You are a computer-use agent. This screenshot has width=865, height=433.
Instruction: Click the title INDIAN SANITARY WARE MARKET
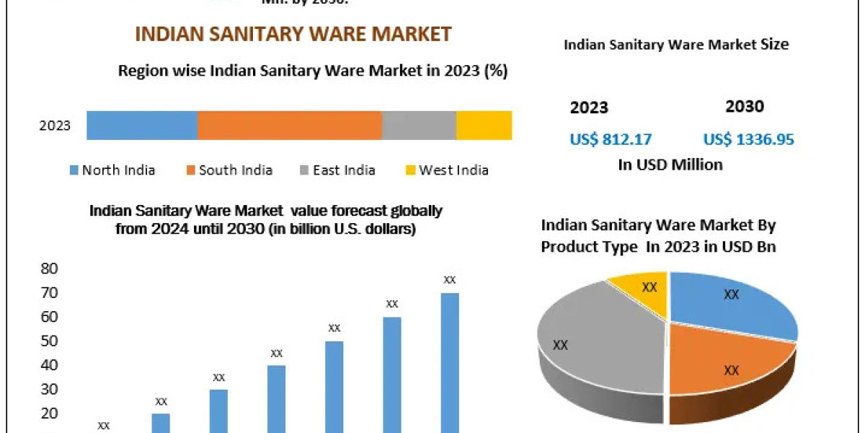click(x=293, y=34)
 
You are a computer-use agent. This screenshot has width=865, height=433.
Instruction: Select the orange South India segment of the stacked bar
click(x=289, y=126)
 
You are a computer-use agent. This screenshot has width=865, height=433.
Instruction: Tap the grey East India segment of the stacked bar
click(x=419, y=126)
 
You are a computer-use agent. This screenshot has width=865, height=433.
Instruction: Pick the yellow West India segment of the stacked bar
click(x=484, y=126)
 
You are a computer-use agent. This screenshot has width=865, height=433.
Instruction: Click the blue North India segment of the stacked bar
click(x=142, y=126)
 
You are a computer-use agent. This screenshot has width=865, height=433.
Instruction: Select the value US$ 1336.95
click(x=748, y=139)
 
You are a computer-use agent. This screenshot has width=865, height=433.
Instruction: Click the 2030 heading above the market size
click(x=744, y=107)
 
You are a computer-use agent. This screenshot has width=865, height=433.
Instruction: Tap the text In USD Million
click(x=670, y=165)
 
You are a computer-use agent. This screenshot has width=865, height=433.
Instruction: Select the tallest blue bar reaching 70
click(x=450, y=361)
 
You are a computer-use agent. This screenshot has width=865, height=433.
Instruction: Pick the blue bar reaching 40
click(x=277, y=397)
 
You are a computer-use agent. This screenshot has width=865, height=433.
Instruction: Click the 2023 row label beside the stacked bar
click(x=55, y=126)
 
